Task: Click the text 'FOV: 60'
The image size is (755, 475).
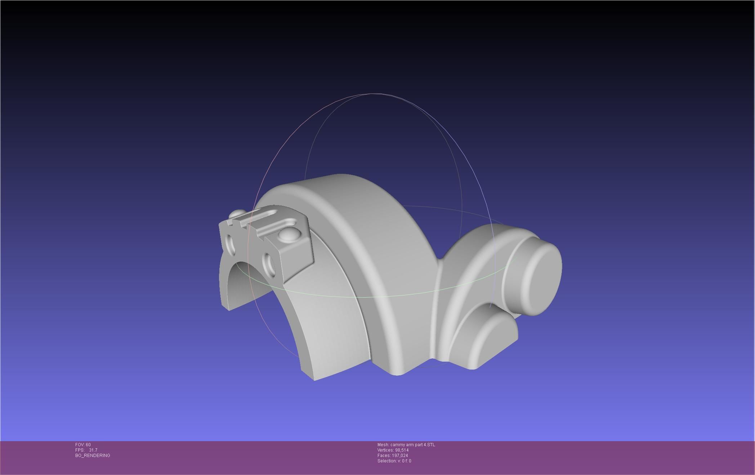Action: point(83,445)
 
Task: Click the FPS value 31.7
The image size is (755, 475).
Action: point(93,450)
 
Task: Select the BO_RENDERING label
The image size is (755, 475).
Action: point(93,456)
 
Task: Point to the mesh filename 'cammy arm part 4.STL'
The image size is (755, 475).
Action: point(412,445)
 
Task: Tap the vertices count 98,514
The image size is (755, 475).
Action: point(402,450)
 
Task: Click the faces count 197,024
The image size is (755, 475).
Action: point(400,456)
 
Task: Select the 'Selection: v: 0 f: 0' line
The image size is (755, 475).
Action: point(394,461)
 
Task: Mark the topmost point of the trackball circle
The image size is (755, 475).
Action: point(373,94)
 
